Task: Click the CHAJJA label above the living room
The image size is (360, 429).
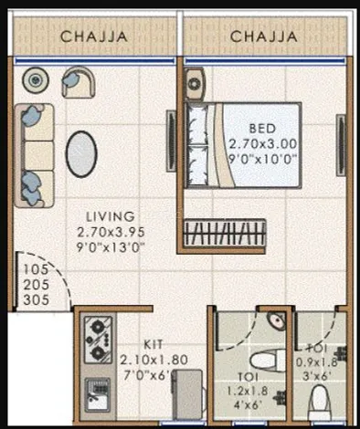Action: coord(94,37)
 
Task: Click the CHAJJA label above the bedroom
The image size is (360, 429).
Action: coord(264,37)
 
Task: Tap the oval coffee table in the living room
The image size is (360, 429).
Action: coord(81,154)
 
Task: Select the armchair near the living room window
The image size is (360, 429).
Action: coord(79,82)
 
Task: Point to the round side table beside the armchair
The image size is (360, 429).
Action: coord(36,80)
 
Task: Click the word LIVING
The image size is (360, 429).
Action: coord(111,216)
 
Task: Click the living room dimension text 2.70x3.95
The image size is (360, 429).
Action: coord(111,233)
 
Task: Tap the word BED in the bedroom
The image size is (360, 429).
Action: coord(262,129)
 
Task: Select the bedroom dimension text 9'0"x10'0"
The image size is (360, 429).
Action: coord(262,159)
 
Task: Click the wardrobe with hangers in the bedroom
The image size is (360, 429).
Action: coord(225,233)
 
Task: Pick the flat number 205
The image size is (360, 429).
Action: coord(37,285)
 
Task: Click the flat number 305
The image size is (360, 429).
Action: coord(37,300)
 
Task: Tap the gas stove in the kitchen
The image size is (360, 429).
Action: coord(98,340)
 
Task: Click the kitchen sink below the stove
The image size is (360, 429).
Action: coord(98,394)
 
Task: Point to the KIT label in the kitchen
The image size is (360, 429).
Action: coord(154,345)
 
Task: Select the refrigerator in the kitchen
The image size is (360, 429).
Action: coord(188,394)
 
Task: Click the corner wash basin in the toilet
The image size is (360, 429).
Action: coord(277,320)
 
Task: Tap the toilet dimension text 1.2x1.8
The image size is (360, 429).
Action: coord(248,391)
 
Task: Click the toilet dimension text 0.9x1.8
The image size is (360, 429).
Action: coord(317,362)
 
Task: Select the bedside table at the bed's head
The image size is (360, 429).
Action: coord(195,84)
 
